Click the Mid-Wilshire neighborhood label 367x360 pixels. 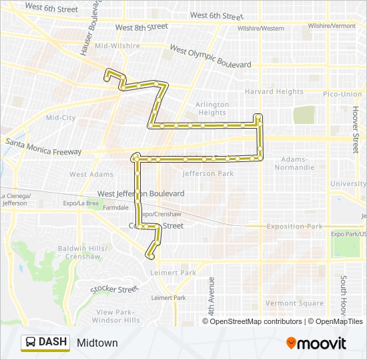pyautogui.click(x=117, y=46)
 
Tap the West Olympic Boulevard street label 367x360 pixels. pyautogui.click(x=210, y=57)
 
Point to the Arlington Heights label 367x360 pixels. pyautogui.click(x=212, y=109)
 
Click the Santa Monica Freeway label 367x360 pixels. pyautogui.click(x=43, y=147)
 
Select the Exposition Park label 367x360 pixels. pyautogui.click(x=294, y=227)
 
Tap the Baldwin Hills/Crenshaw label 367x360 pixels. pyautogui.click(x=79, y=252)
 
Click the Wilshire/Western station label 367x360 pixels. pyautogui.click(x=262, y=28)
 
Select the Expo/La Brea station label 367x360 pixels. pyautogui.click(x=80, y=203)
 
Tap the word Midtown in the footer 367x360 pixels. pyautogui.click(x=97, y=343)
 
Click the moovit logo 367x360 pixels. pyautogui.click(x=316, y=343)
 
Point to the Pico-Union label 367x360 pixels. pyautogui.click(x=342, y=95)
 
